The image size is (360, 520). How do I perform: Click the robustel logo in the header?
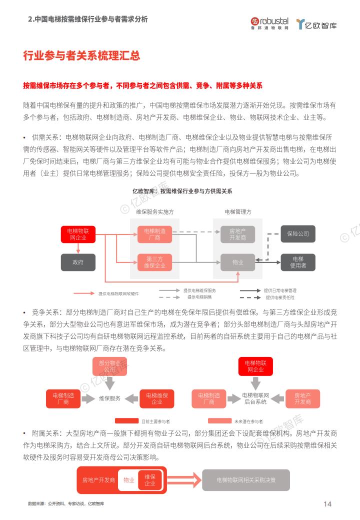click(x=269, y=23)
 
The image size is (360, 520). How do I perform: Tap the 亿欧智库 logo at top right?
click(x=316, y=24)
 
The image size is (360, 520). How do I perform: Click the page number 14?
click(x=327, y=504)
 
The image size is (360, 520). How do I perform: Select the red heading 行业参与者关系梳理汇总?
click(x=81, y=55)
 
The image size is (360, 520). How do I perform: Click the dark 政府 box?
click(x=78, y=262)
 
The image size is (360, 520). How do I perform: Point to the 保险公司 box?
click(x=298, y=234)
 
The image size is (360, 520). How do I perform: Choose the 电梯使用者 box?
click(x=298, y=262)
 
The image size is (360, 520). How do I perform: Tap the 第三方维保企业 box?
click(x=154, y=262)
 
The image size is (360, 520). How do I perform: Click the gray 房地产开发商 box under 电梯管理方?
click(x=237, y=234)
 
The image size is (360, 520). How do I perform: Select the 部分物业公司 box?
click(x=109, y=366)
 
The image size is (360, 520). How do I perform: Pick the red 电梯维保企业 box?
click(x=157, y=398)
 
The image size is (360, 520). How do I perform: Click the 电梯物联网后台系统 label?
click(x=255, y=398)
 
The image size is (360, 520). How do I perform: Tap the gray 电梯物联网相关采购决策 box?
click(x=246, y=480)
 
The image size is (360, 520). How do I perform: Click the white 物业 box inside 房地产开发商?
click(x=128, y=480)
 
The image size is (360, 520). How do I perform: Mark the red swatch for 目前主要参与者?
click(x=126, y=421)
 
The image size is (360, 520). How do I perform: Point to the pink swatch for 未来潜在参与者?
click(x=219, y=421)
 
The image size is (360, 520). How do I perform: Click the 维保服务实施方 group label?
click(x=155, y=212)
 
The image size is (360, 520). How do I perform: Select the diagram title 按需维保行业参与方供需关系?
click(x=182, y=191)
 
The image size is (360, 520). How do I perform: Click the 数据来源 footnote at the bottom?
click(x=66, y=503)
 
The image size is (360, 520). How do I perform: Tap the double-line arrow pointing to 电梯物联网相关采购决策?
click(x=184, y=480)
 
